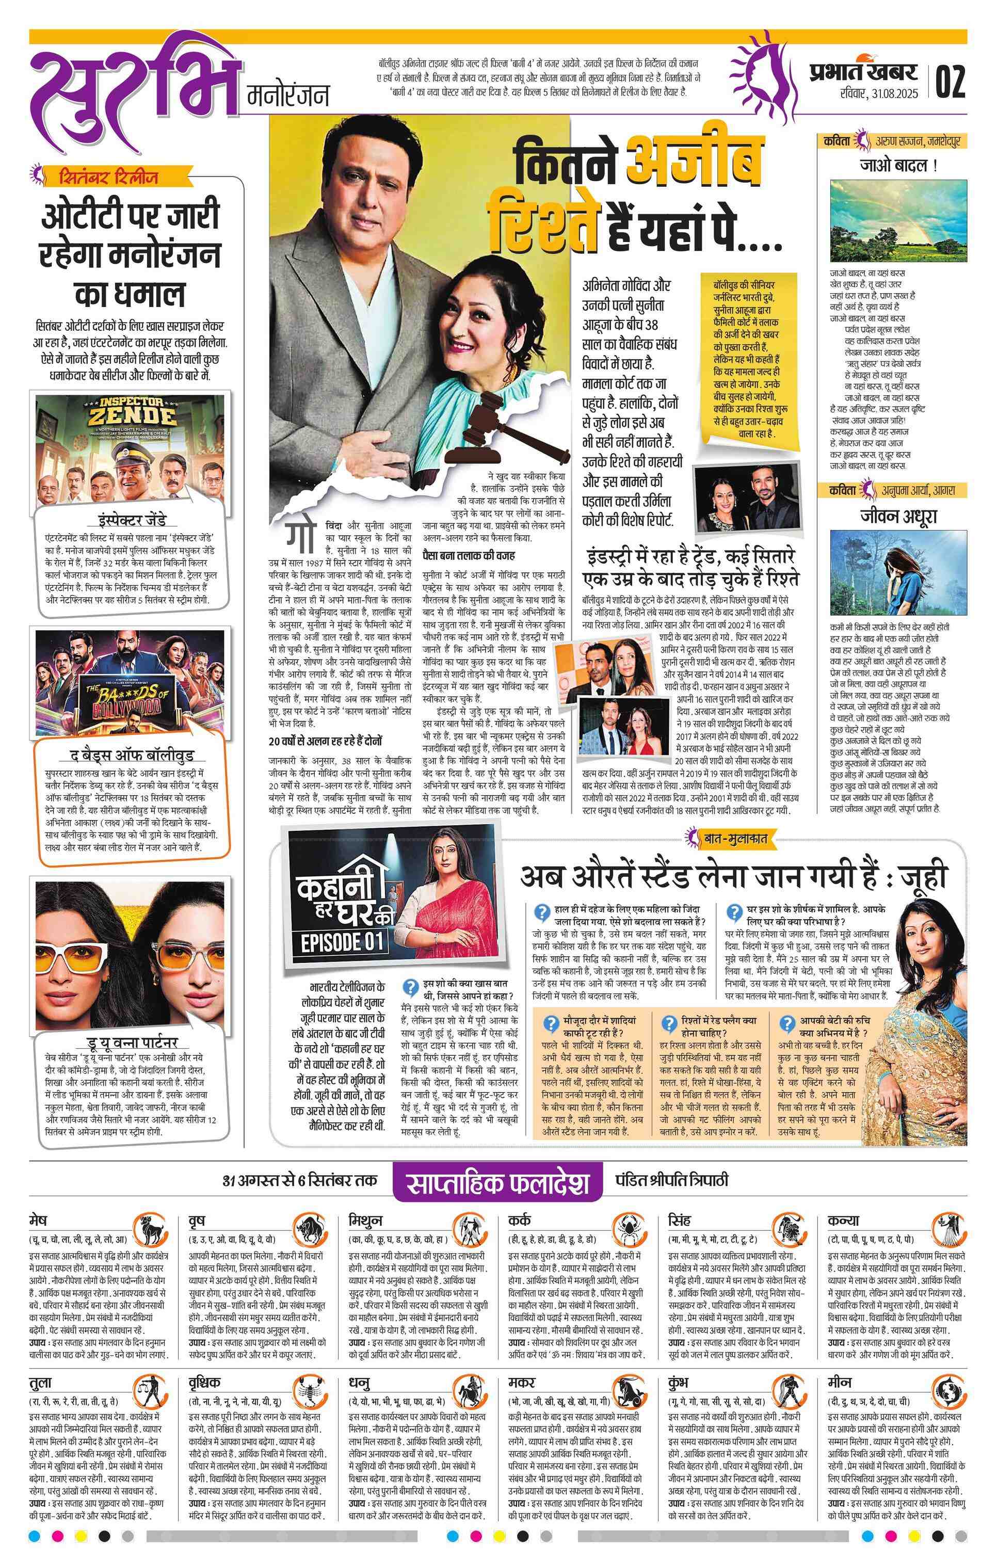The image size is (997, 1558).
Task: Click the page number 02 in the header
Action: point(950,81)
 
